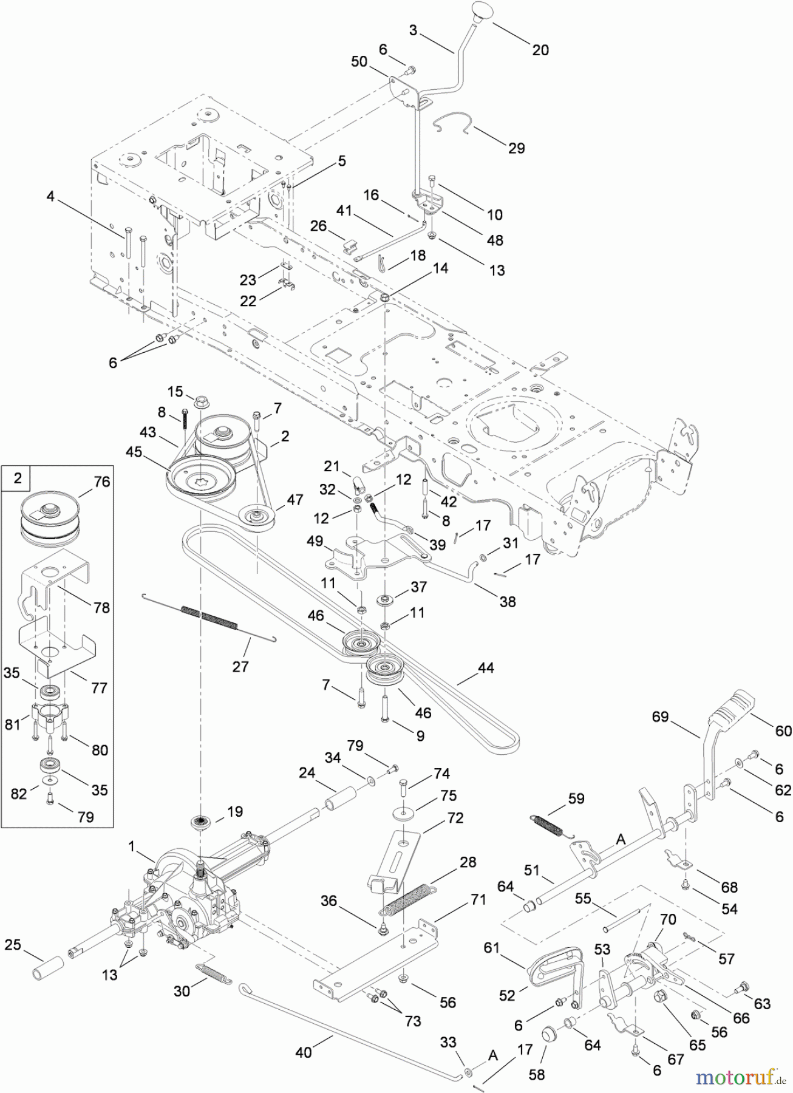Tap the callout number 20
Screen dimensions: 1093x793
point(540,50)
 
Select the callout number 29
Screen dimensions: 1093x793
point(516,148)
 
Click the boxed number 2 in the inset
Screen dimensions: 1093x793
point(18,478)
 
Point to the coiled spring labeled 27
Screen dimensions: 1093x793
point(209,617)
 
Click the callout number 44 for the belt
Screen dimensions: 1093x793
point(485,668)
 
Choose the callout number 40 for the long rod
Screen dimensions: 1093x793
point(303,1051)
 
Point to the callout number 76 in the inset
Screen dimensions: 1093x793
point(102,482)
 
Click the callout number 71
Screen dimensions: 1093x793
point(478,899)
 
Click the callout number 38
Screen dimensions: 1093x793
point(507,601)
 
